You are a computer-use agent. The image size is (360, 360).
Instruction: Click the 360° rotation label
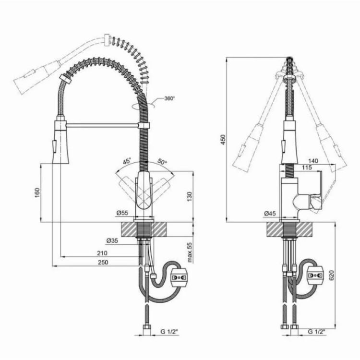point(169,99)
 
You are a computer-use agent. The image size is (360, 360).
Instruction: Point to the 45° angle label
point(127,161)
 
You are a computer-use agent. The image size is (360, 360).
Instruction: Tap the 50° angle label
point(162,162)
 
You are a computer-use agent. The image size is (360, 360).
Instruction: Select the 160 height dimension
point(37,192)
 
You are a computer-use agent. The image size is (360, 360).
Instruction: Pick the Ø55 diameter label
point(122,213)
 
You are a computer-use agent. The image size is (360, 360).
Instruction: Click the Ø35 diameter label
point(112,240)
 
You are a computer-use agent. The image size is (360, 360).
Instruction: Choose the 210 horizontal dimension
point(102,253)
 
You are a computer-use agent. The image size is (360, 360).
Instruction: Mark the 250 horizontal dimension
point(103,262)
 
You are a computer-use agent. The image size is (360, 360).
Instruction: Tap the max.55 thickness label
point(190,252)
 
